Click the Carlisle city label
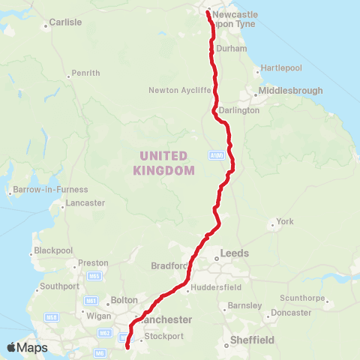64,22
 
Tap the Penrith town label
84,73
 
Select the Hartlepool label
281,67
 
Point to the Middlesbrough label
290,91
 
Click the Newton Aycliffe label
180,91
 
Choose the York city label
285,221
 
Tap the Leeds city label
234,253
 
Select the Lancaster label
85,203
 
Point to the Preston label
93,263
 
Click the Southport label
54,286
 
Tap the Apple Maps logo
26,347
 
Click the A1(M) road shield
216,155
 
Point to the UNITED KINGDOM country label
164,163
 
